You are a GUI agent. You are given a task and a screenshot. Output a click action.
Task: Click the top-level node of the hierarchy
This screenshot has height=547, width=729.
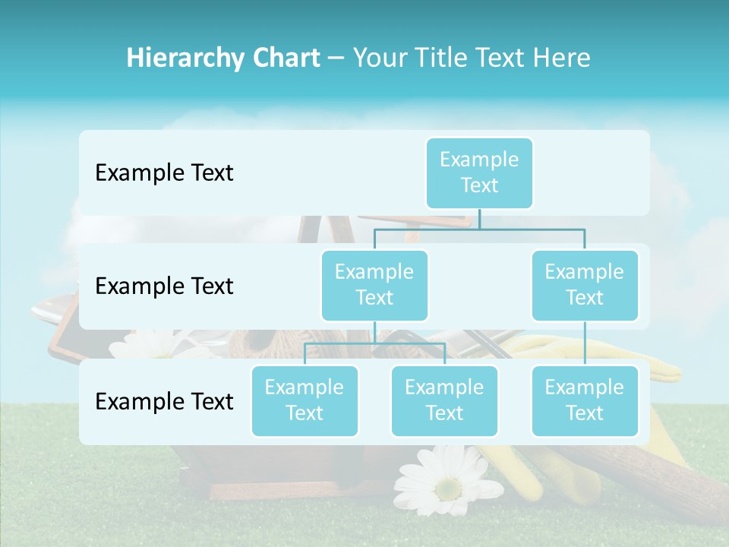click(x=479, y=172)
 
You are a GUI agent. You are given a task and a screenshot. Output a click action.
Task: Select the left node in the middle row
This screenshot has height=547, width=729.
click(x=374, y=285)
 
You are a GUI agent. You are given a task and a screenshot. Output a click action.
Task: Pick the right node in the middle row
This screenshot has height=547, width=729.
click(x=585, y=285)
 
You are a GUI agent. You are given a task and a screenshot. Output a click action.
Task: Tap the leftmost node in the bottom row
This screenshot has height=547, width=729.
click(x=305, y=400)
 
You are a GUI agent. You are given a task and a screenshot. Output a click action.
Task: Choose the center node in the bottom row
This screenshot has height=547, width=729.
click(x=444, y=400)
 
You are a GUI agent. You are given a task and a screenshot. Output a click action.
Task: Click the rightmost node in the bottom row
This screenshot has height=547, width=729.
click(x=585, y=400)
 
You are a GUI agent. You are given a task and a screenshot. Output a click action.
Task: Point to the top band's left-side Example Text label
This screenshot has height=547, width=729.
click(x=164, y=173)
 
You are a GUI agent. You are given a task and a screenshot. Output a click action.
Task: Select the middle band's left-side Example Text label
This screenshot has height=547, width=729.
click(x=164, y=286)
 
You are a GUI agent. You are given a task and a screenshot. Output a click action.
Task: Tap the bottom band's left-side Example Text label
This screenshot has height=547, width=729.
click(x=164, y=401)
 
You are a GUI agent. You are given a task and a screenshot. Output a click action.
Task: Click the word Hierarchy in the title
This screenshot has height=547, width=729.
click(x=185, y=58)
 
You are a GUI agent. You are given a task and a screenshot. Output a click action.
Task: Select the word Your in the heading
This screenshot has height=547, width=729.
click(x=380, y=58)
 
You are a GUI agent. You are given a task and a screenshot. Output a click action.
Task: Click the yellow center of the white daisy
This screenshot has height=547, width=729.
click(x=447, y=485)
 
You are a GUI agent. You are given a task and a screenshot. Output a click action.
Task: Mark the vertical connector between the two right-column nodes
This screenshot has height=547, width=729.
click(x=585, y=343)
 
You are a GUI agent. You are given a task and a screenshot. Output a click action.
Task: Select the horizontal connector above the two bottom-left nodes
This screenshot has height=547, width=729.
click(x=374, y=343)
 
